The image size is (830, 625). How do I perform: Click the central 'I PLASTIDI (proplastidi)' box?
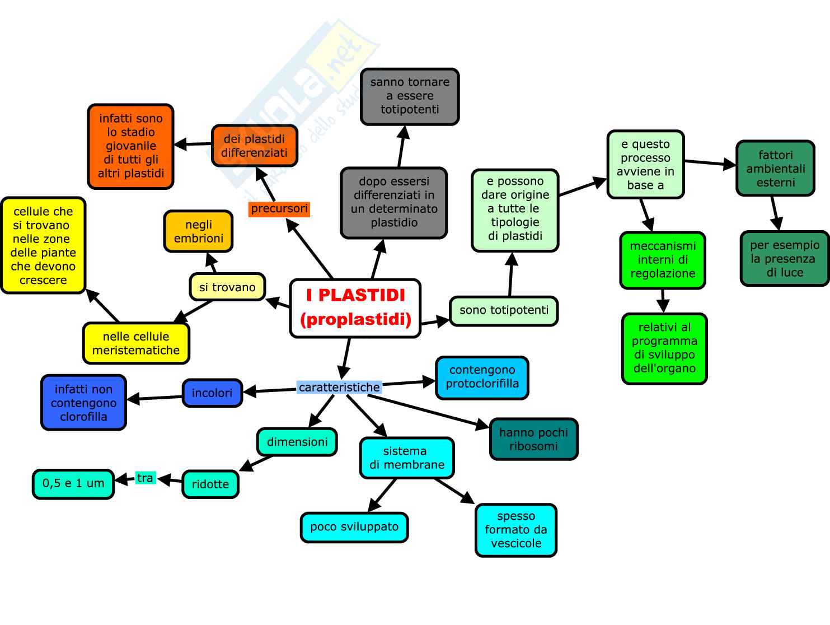355,308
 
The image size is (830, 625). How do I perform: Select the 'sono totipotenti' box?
504,311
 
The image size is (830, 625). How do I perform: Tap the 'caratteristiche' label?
339,387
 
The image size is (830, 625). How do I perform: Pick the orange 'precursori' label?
279,209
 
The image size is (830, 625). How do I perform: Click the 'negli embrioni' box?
198,231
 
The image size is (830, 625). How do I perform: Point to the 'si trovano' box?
227,287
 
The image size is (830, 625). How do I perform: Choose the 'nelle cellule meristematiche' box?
136,343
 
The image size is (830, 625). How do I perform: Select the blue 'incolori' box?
212,393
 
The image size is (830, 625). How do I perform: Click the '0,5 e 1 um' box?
73,484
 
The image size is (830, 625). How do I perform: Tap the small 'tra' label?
145,478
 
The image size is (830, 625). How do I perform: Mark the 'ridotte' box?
210,484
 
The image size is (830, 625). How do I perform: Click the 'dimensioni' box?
297,442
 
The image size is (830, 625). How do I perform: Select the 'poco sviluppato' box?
354,527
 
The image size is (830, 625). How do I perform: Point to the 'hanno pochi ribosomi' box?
533,439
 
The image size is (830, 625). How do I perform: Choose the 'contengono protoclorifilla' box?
482,377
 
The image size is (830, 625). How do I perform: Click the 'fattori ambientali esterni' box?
775,169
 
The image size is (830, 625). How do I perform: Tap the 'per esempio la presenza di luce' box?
785,259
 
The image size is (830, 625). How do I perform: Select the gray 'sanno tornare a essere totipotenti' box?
410,96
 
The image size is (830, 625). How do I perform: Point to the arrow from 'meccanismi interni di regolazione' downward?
663,301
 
